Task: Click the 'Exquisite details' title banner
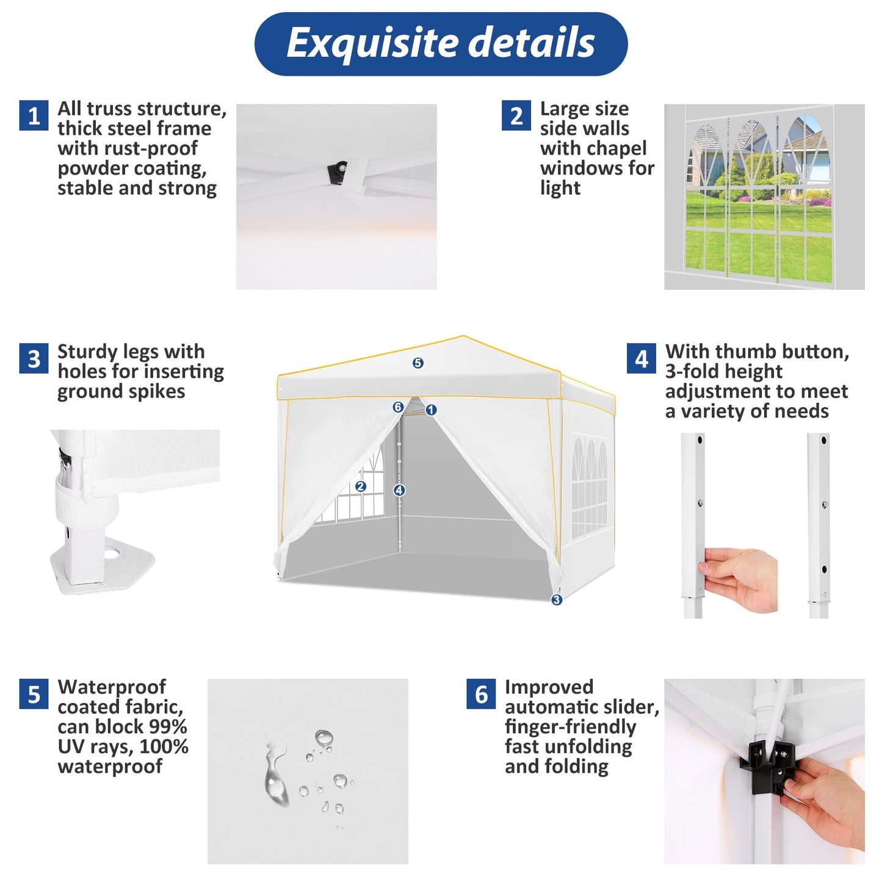point(441,44)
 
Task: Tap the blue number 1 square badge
point(34,115)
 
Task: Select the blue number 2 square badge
point(516,115)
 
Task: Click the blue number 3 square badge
point(34,358)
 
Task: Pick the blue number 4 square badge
point(642,358)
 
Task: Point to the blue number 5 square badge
point(34,694)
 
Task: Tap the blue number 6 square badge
point(481,694)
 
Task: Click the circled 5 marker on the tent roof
point(418,363)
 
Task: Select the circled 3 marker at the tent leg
point(557,600)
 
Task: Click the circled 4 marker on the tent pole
point(399,490)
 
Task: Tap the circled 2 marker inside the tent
point(361,486)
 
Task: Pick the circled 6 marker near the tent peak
point(398,407)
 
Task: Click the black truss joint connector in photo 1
point(338,172)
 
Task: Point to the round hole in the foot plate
point(112,553)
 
